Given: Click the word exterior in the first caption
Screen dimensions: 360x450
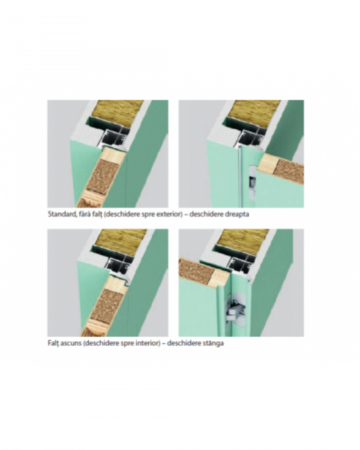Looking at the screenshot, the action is [168, 214].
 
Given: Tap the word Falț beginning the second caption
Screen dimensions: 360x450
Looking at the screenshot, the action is [53, 343].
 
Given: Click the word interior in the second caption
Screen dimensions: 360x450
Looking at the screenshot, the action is [147, 343].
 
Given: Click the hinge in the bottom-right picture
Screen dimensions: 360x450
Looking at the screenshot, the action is [235, 310].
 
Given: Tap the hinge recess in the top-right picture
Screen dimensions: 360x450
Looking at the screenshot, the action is [251, 181].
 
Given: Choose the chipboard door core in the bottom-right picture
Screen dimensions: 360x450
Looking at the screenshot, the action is [196, 271].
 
